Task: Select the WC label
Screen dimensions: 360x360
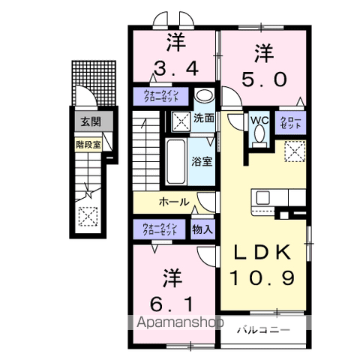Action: coord(259,120)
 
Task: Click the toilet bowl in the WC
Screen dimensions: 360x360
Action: coord(259,136)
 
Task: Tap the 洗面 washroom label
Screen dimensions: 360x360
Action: coord(204,118)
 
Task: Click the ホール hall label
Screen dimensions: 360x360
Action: coord(173,202)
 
